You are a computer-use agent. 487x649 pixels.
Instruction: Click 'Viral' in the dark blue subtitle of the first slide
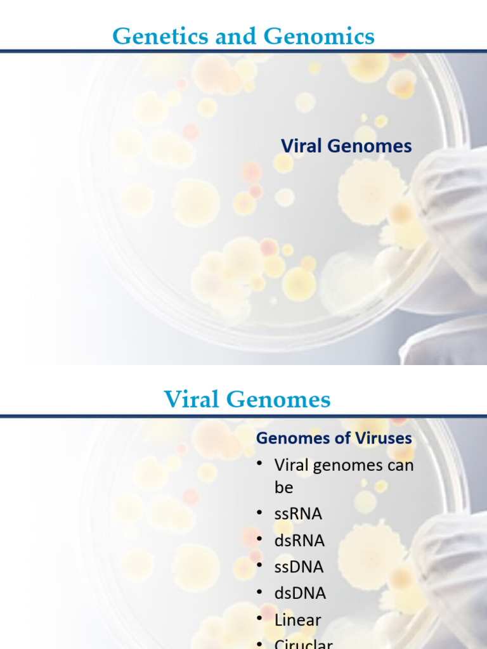301,146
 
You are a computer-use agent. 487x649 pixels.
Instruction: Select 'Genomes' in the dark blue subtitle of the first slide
370,146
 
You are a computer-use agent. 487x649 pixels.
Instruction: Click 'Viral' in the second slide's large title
194,400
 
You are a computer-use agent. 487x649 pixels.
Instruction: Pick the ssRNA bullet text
298,514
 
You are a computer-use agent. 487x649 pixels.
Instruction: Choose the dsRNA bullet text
299,541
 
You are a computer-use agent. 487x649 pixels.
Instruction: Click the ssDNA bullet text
299,567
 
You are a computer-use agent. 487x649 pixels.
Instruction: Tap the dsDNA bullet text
300,594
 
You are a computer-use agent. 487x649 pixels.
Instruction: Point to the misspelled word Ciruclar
303,644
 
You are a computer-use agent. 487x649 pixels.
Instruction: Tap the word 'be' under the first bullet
283,488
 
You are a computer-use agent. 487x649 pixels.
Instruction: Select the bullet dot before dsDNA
259,593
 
